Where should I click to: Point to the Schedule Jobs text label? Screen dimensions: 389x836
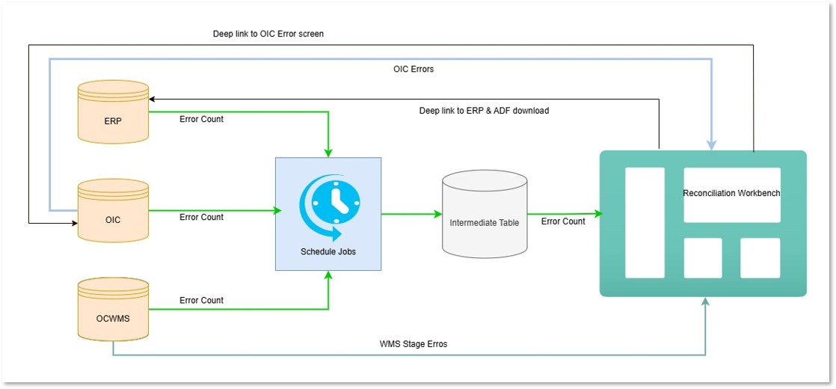[x=328, y=252]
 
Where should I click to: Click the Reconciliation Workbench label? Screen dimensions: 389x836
[x=731, y=193]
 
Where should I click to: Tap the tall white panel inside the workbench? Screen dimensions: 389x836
[x=645, y=222]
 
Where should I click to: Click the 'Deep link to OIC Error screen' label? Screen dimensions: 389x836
[x=268, y=34]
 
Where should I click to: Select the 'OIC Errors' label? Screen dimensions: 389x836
[x=414, y=69]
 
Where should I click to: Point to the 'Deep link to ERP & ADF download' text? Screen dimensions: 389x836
[x=484, y=111]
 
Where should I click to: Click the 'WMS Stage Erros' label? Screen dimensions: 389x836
[x=414, y=344]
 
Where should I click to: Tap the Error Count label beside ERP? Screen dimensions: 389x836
[x=201, y=119]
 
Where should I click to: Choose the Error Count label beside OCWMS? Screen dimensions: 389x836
[x=201, y=300]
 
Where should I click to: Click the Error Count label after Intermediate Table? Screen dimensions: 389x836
[x=563, y=221]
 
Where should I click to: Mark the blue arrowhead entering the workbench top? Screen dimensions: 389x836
[x=711, y=144]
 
